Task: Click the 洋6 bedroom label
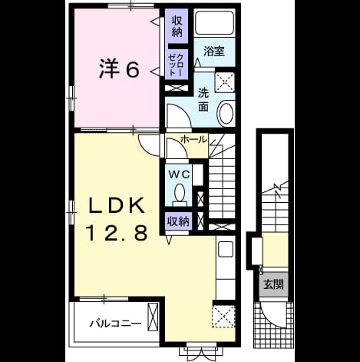(x=119, y=69)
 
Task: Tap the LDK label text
(x=117, y=206)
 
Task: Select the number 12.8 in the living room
(x=117, y=232)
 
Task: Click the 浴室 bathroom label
(x=214, y=51)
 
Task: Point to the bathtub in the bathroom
(x=214, y=23)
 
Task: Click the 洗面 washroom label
(x=203, y=100)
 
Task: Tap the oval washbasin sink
(x=225, y=113)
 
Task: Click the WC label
(x=180, y=174)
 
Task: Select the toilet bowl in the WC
(x=180, y=193)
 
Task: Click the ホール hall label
(x=193, y=140)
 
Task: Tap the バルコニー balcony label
(x=115, y=324)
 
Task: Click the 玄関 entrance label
(x=273, y=284)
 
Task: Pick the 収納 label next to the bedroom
(x=177, y=26)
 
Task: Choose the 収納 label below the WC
(x=178, y=221)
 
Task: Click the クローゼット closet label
(x=177, y=64)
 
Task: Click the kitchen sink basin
(x=225, y=249)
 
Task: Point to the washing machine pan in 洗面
(x=224, y=82)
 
